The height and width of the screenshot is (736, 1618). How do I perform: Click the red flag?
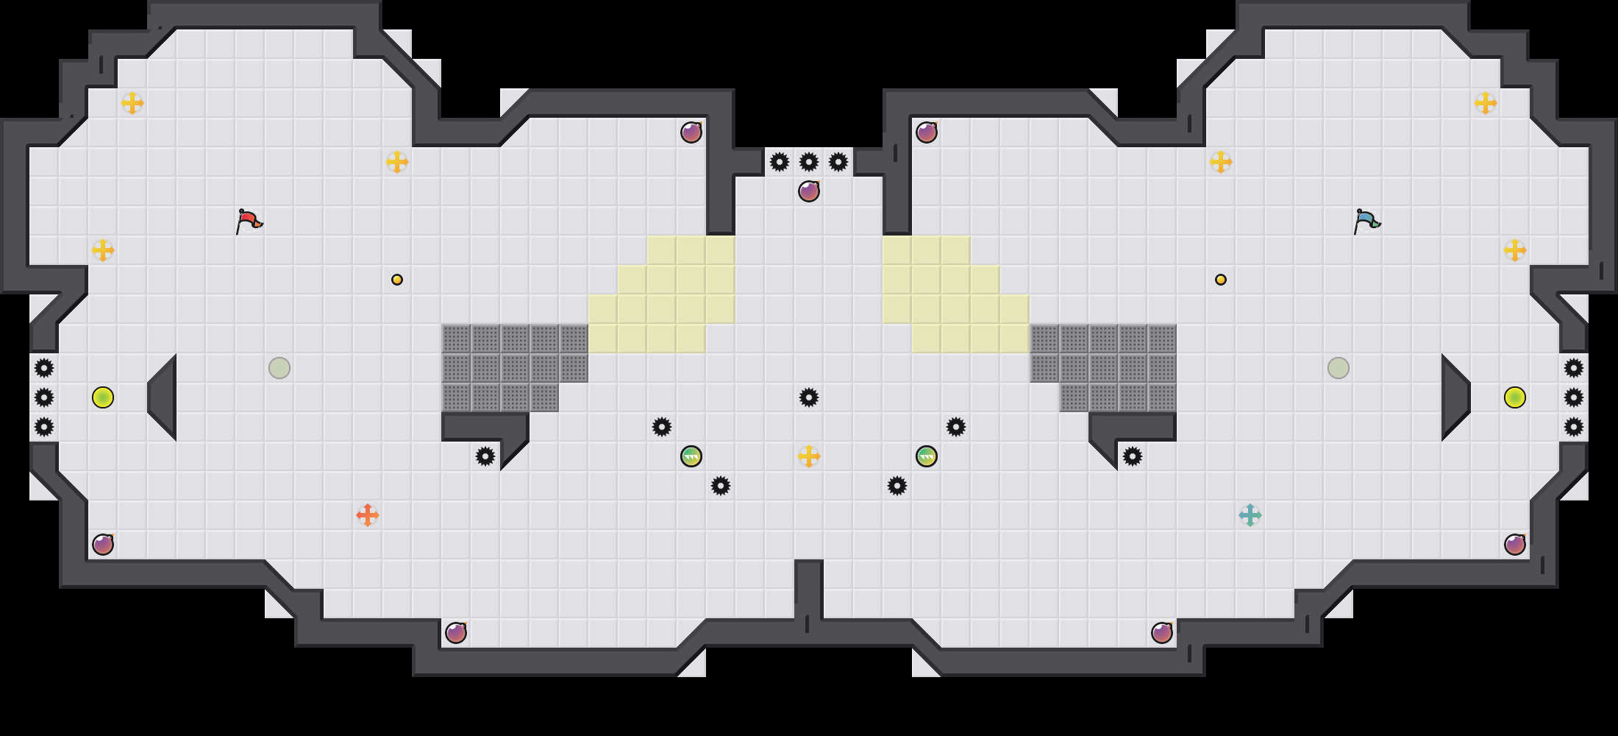point(249,220)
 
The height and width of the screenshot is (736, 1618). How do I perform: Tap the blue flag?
point(1366,220)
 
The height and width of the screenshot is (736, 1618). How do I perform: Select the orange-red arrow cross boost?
point(368,515)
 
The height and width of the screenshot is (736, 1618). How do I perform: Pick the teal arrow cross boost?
point(1250,515)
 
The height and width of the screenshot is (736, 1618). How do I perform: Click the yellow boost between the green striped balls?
point(809,456)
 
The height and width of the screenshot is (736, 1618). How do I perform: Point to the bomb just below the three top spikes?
point(809,191)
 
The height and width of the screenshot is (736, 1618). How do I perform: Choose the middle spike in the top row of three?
point(809,162)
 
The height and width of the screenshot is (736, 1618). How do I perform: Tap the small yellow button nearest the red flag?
point(397,280)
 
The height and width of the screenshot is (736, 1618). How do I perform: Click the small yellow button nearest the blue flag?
point(1221,280)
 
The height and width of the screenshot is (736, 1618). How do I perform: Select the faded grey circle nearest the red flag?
point(279,368)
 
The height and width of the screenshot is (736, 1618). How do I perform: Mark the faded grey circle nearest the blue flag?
point(1339,368)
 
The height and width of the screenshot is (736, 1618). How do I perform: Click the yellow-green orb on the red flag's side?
point(103,397)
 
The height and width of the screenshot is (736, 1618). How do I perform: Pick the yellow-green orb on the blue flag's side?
point(1515,397)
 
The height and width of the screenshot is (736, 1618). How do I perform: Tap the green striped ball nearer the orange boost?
point(691,456)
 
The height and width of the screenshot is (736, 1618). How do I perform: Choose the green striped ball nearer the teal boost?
point(927,456)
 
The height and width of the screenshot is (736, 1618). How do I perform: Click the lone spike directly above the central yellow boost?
point(809,397)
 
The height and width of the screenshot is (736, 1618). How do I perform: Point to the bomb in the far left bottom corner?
point(103,545)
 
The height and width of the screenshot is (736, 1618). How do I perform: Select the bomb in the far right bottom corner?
point(1515,545)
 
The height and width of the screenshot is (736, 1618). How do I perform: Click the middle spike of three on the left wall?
point(44,397)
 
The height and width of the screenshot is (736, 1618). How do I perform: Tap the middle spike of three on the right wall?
point(1574,397)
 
